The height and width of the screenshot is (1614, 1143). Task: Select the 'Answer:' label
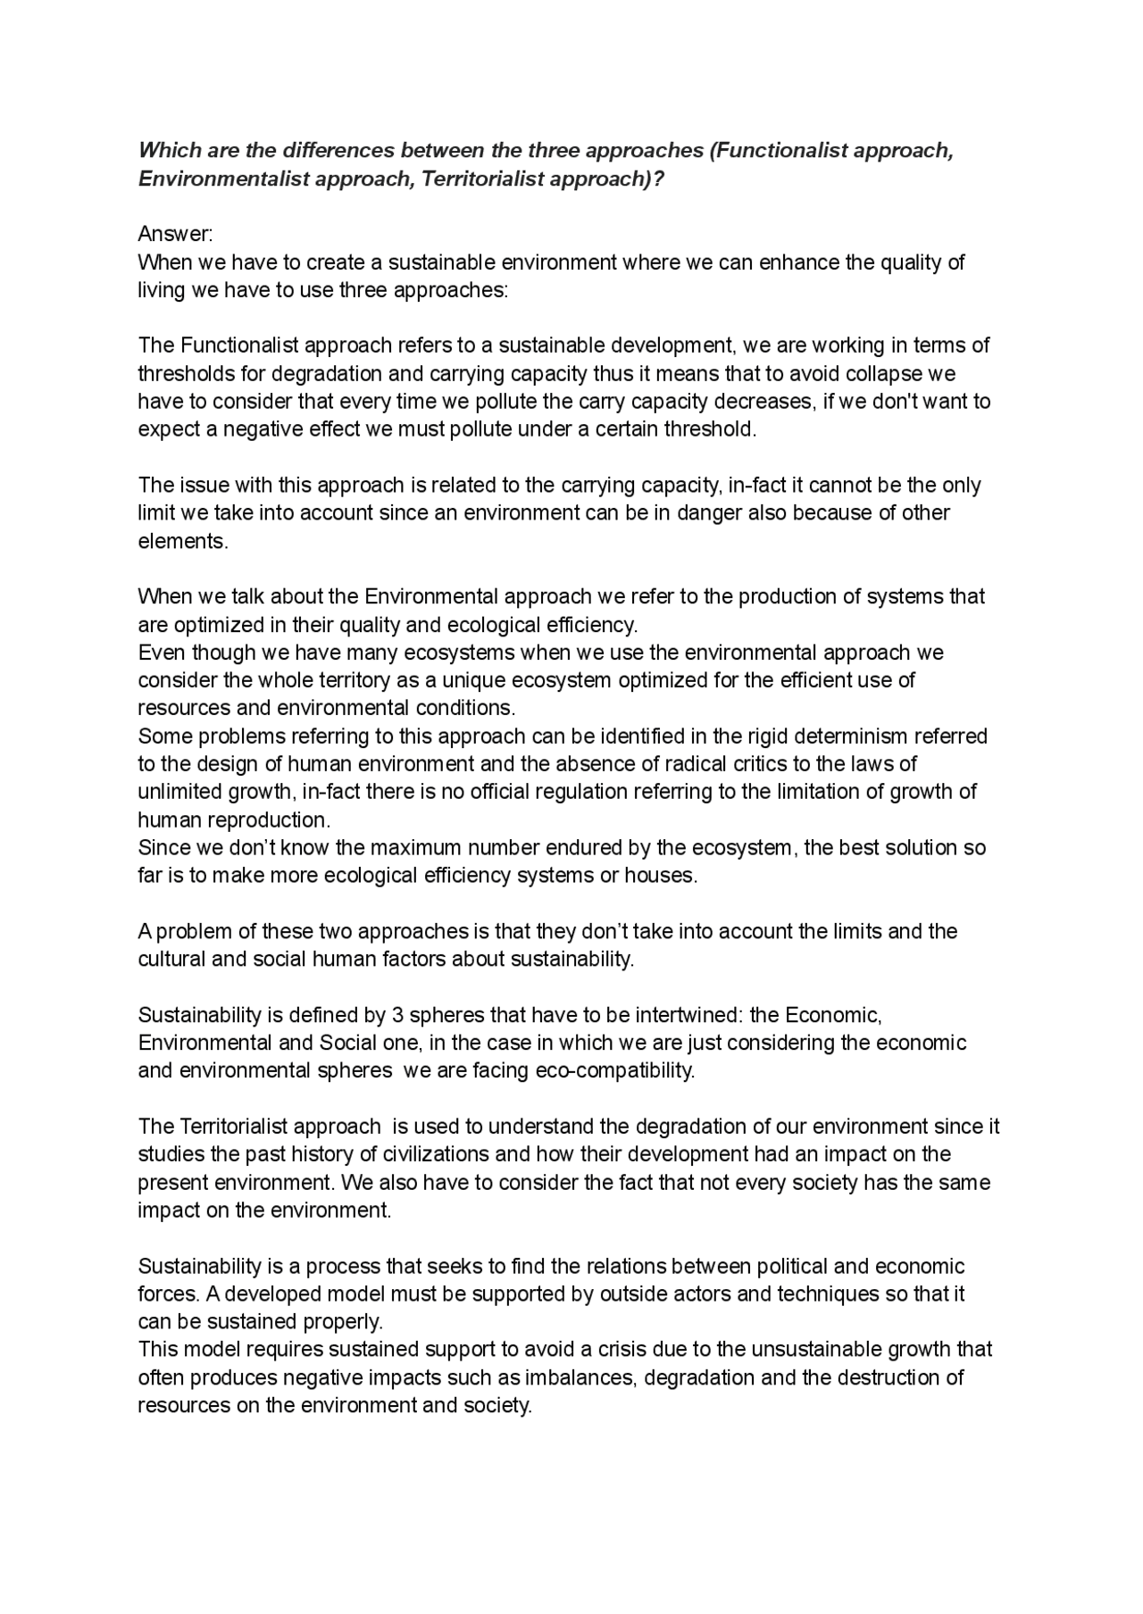pyautogui.click(x=175, y=234)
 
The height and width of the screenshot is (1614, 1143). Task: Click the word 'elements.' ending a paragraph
pyautogui.click(x=183, y=541)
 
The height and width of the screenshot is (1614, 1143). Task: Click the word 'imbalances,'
pyautogui.click(x=580, y=1377)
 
